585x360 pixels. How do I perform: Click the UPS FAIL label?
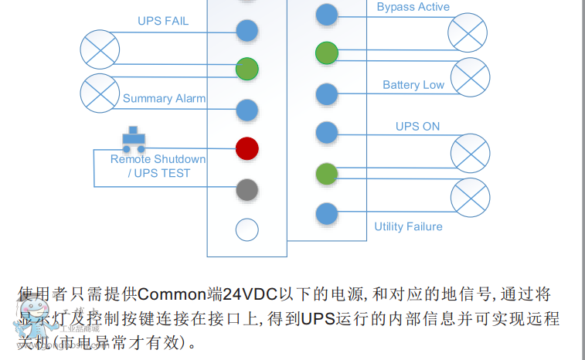[163, 21]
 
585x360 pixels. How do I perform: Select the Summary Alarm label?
[164, 98]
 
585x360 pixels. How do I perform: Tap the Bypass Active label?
[413, 7]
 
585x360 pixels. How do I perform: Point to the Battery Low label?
[413, 84]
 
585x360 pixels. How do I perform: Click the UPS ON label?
[417, 126]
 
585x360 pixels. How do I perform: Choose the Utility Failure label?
[408, 226]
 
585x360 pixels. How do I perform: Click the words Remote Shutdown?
[158, 159]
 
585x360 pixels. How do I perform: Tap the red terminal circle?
[247, 148]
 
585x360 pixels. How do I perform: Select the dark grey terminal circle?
[247, 188]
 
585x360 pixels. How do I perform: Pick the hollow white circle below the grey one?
[247, 229]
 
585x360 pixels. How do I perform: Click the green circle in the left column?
[247, 68]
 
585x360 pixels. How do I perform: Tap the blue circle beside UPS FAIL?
[247, 31]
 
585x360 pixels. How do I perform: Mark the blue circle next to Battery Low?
[327, 94]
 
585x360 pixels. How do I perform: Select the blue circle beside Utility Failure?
[327, 214]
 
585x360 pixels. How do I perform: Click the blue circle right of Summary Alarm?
[247, 110]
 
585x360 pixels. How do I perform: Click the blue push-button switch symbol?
[134, 140]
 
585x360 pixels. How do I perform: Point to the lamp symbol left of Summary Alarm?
[100, 93]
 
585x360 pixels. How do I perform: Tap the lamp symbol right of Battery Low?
[470, 77]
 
